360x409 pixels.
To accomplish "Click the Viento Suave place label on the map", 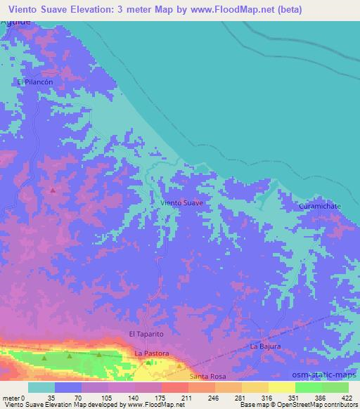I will tap(182, 202).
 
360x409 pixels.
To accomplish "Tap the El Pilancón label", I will tap(36, 82).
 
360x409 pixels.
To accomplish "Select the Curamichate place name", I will tap(321, 206).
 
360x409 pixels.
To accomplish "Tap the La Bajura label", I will tap(265, 346).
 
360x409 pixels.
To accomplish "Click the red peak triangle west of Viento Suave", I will tap(53, 190).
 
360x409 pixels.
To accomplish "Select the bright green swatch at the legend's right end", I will tap(335, 387).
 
